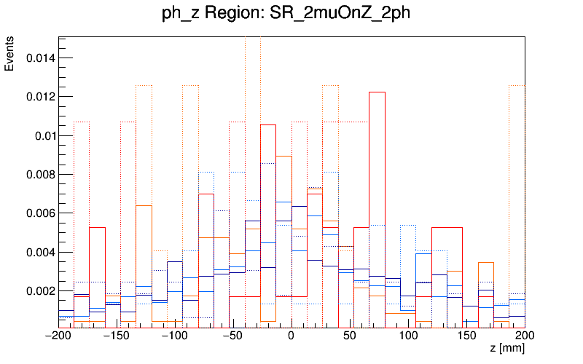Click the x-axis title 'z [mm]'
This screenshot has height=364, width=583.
(507, 349)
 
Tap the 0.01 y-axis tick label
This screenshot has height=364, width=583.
(43, 135)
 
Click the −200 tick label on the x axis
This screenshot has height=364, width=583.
(59, 337)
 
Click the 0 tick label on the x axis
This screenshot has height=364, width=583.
(291, 337)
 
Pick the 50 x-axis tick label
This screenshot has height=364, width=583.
(350, 337)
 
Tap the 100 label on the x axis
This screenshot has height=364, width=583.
(408, 337)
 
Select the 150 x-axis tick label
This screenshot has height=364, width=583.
(466, 337)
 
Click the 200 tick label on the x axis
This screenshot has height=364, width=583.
(525, 337)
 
